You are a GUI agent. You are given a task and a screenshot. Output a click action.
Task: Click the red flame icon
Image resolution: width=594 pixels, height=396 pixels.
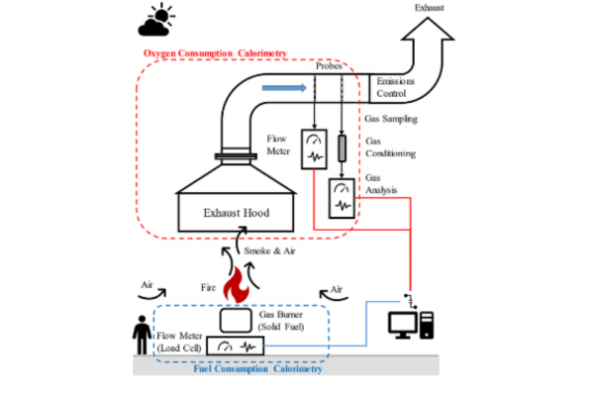pyautogui.click(x=238, y=288)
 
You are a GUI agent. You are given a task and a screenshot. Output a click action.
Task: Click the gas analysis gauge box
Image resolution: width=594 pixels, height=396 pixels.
pyautogui.click(x=343, y=197)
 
